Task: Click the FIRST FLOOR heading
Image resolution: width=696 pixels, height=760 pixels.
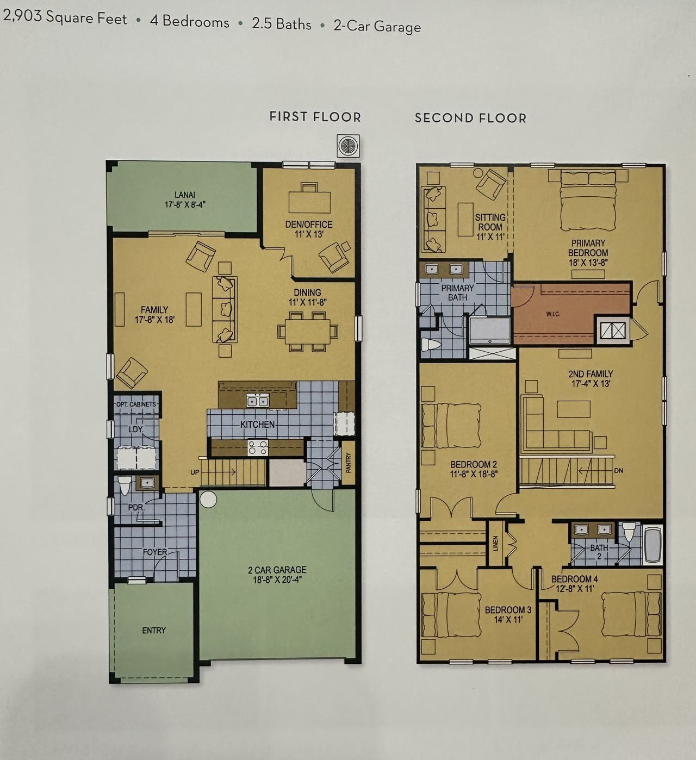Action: point(315,117)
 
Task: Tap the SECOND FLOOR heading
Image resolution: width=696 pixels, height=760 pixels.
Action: point(470,118)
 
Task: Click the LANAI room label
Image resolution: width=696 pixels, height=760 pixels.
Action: point(185,195)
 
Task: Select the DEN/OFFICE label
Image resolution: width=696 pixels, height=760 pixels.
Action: point(309,225)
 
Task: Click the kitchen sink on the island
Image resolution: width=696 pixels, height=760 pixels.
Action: point(258,400)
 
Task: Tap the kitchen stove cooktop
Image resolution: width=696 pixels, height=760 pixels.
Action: point(258,447)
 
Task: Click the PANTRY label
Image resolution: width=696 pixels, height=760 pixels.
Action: point(349,463)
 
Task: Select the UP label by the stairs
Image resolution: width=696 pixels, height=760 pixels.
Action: point(195,472)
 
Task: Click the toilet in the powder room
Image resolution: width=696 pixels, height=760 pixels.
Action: point(125,485)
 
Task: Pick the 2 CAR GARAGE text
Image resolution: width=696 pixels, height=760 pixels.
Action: point(277,570)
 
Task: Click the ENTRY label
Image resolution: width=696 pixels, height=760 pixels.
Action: point(154,631)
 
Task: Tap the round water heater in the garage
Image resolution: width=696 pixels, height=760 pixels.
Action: point(208,500)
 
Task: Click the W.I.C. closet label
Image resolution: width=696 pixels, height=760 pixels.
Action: point(553,314)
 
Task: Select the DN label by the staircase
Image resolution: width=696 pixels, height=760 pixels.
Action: point(619,471)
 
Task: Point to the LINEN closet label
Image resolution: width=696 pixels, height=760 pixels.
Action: point(496,543)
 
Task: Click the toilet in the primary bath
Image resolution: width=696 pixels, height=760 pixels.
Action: point(431,344)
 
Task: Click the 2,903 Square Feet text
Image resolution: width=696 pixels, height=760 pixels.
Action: point(65,17)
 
